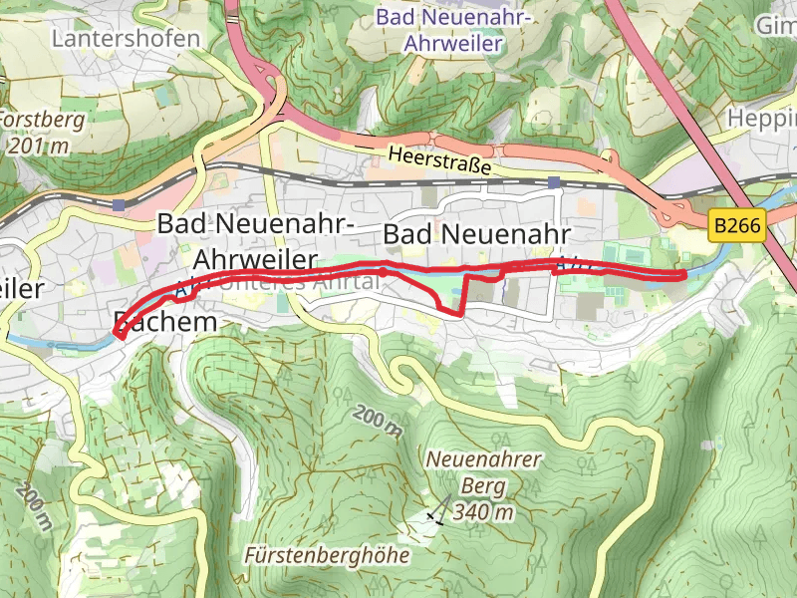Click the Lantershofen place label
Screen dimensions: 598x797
pos(126,38)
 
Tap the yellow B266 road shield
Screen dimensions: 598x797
pos(737,226)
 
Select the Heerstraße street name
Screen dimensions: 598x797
pos(439,161)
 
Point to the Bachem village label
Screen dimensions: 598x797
pos(164,321)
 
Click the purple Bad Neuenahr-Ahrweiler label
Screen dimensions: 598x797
pos(453,31)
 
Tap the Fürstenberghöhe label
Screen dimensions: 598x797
pos(327,555)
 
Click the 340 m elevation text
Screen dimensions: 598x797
pos(483,513)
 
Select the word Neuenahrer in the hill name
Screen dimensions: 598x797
pos(483,459)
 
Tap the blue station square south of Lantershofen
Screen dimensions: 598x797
pos(120,205)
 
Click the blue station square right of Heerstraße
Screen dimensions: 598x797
pos(553,182)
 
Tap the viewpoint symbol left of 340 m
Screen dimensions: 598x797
pos(434,516)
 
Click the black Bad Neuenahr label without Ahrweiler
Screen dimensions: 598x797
pos(476,234)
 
